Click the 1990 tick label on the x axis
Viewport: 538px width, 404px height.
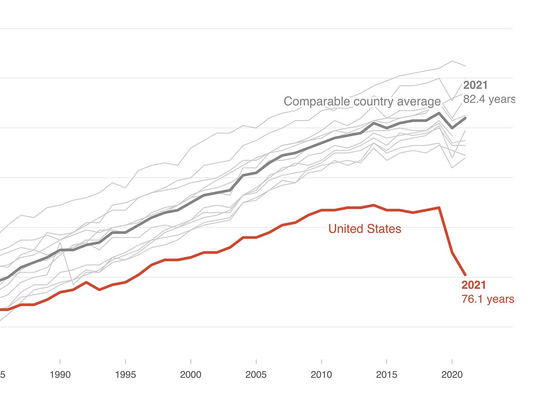[x=60, y=375]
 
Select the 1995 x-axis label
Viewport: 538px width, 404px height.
[x=126, y=375]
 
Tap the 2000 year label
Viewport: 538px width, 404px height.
[x=191, y=375]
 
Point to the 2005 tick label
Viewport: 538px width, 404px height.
[x=256, y=375]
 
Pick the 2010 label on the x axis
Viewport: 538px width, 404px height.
[x=321, y=375]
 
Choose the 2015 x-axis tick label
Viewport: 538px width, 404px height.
[x=387, y=375]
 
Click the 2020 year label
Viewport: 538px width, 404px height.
[x=452, y=375]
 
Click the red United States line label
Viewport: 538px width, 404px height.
[x=364, y=229]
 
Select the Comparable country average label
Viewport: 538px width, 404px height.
[x=362, y=101]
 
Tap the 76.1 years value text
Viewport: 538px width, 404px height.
[x=488, y=299]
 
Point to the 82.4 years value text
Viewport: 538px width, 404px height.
[x=489, y=99]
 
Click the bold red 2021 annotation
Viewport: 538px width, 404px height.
[x=474, y=285]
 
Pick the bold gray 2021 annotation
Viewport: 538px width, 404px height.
[x=475, y=85]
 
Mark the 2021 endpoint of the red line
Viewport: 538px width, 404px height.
[x=465, y=275]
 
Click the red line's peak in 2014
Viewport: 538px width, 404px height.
[x=374, y=205]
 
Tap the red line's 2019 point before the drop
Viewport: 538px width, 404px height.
[x=439, y=207]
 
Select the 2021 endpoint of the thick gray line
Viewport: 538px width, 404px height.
[x=465, y=118]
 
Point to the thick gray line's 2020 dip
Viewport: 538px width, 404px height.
[x=452, y=128]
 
